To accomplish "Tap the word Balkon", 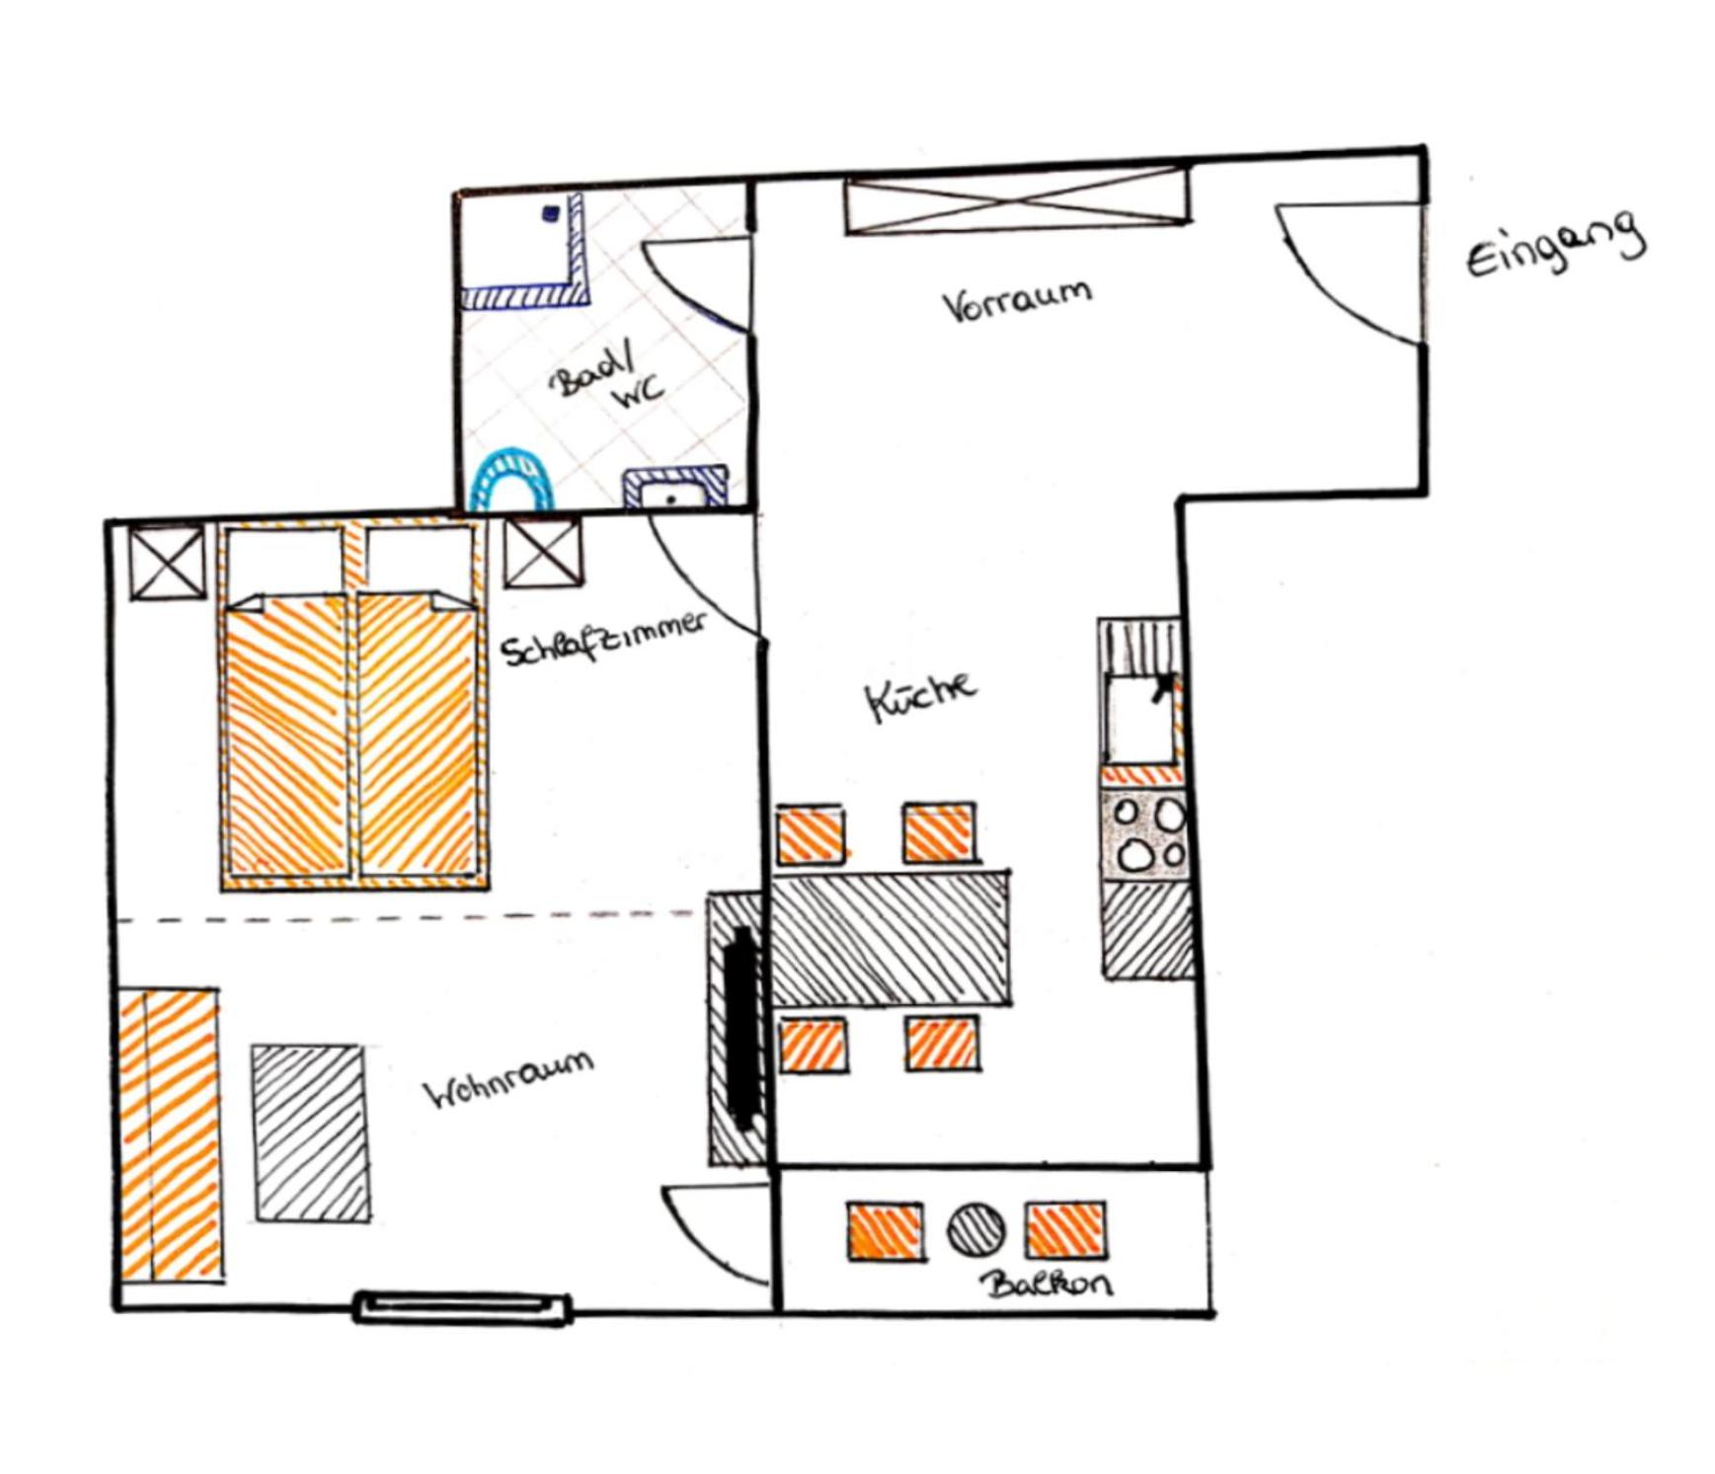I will [x=1047, y=1283].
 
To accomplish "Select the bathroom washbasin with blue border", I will [x=675, y=489].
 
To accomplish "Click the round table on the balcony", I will [x=975, y=1229].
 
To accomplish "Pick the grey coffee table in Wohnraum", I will [x=310, y=1132].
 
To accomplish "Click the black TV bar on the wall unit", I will [x=741, y=1027].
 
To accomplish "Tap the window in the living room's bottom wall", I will [x=462, y=1306].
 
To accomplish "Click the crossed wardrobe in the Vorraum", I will [x=1017, y=200].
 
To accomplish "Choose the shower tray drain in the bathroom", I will [x=551, y=212].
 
